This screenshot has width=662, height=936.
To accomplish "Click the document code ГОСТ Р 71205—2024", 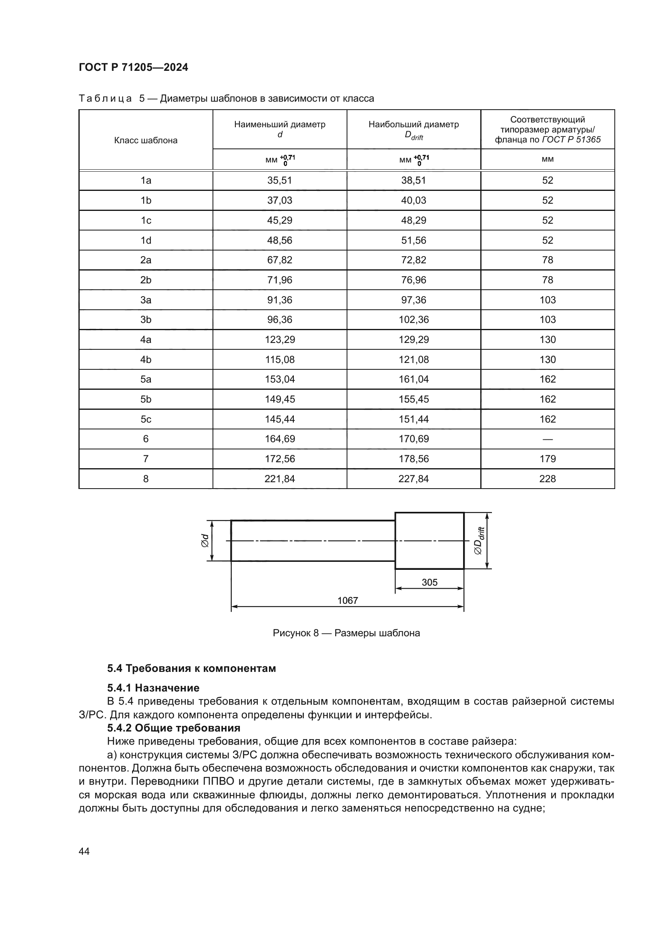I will click(133, 68).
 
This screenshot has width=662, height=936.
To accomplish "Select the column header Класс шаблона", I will click(146, 140).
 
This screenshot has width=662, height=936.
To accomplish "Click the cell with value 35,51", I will click(280, 180).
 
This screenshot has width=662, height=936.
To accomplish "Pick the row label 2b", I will click(146, 280).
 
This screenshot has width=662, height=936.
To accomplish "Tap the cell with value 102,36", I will click(414, 320).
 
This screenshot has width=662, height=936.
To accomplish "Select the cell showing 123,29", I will click(280, 340).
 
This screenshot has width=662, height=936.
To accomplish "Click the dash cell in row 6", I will click(548, 439).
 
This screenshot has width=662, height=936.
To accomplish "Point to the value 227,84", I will click(414, 479).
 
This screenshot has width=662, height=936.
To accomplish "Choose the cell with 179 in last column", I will click(548, 459).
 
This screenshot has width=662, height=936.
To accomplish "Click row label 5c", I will click(146, 419).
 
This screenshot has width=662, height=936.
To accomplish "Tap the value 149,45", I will click(280, 399).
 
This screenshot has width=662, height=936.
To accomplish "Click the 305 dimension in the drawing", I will click(429, 583).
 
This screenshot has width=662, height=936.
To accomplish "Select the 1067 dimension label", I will click(347, 601).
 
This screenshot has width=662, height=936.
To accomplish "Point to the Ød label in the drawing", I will click(205, 541).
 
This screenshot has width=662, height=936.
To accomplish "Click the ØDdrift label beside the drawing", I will click(479, 541).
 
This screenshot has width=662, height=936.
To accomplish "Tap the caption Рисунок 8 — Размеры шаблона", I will click(346, 633).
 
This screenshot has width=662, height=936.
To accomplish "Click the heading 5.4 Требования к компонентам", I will click(191, 669).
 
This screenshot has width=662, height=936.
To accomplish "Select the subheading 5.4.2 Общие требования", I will click(173, 728).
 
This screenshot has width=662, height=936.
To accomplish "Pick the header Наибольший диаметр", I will click(414, 125).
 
